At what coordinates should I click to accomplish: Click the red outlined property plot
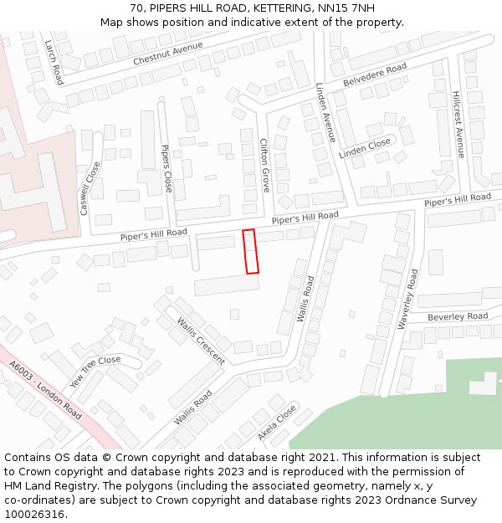[250, 251]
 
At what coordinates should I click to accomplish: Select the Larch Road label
[54, 62]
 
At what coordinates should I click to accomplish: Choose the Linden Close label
[365, 149]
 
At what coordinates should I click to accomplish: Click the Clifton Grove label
[264, 165]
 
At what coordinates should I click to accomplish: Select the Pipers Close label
[166, 169]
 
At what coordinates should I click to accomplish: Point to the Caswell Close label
[89, 188]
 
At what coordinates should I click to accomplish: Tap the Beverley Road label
[458, 316]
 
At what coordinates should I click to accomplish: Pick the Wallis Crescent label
[201, 341]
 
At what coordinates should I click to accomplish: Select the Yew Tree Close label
[95, 369]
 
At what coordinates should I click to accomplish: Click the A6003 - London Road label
[46, 391]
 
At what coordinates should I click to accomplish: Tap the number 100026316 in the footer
[35, 514]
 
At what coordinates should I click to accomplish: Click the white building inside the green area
[483, 382]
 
